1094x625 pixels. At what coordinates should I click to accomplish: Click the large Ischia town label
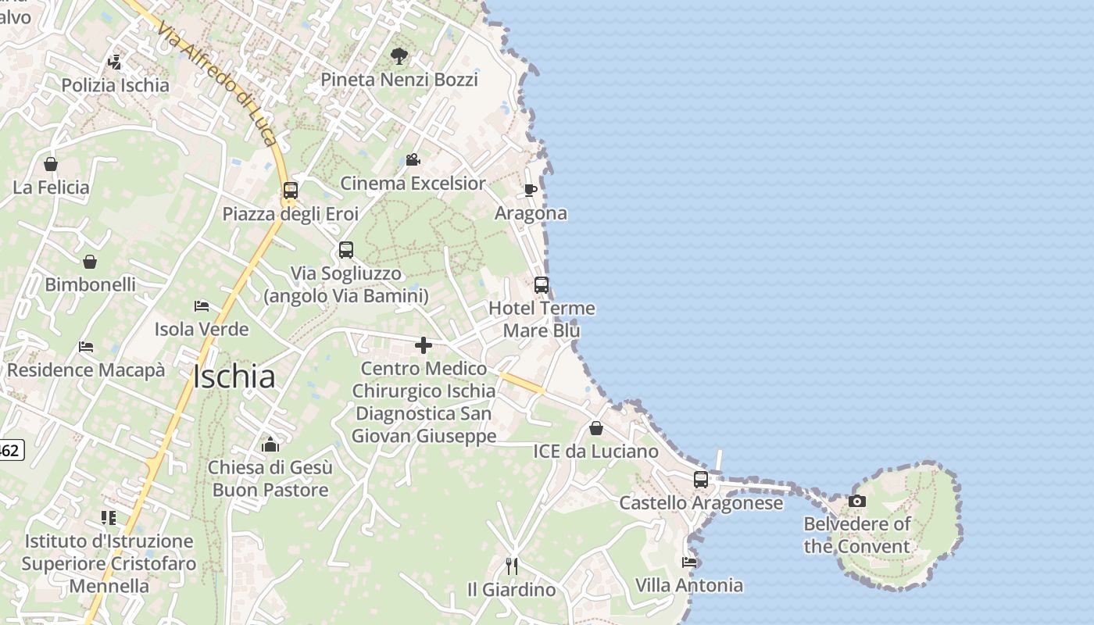click(234, 377)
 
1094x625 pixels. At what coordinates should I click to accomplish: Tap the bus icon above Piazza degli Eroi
click(290, 190)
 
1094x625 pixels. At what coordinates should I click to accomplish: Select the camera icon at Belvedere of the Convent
click(857, 501)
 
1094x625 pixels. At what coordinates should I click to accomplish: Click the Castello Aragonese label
click(701, 503)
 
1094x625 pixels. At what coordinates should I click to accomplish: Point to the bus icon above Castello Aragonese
click(700, 479)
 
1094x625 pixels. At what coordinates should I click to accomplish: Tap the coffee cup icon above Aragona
click(531, 190)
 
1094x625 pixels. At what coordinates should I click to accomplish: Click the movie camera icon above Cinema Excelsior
click(413, 160)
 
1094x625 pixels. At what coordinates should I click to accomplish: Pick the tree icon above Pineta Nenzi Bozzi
click(399, 56)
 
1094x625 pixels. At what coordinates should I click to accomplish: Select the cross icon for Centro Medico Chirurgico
click(424, 345)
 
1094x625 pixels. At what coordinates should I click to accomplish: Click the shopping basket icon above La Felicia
click(51, 164)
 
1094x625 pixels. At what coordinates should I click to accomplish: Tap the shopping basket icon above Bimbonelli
click(90, 262)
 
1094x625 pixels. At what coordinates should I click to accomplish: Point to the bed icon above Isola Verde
click(202, 306)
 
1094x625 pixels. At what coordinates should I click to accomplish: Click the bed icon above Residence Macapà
click(86, 347)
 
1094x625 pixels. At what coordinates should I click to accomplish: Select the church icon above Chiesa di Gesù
click(270, 445)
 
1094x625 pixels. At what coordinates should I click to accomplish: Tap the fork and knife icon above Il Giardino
click(512, 566)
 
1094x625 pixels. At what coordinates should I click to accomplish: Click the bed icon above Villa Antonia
click(688, 562)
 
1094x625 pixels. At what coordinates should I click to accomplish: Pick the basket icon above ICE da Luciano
click(595, 428)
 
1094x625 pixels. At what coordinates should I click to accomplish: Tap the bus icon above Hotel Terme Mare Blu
click(542, 285)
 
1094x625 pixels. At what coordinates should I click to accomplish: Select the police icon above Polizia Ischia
click(115, 62)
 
